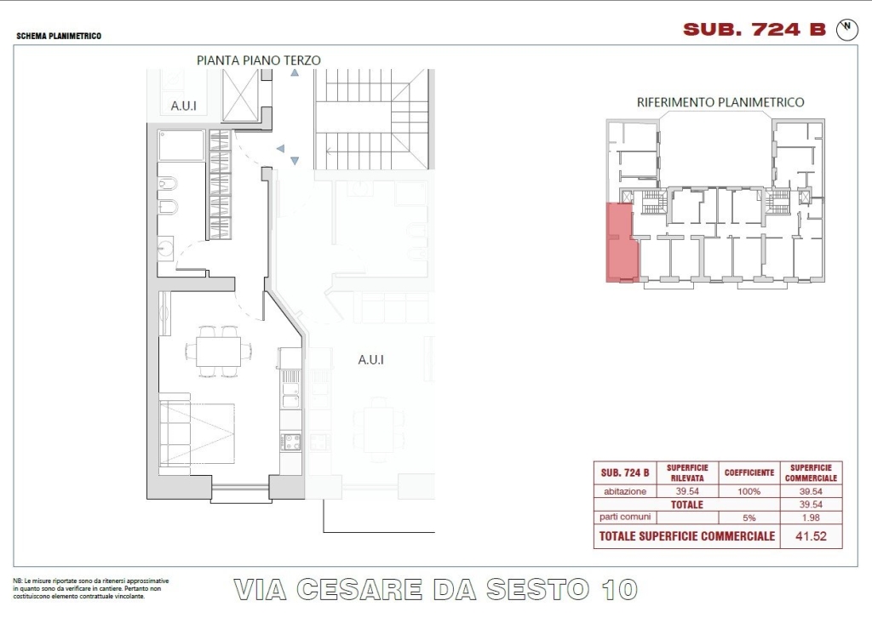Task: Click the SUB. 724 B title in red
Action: pyautogui.click(x=754, y=30)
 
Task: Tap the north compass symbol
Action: pyautogui.click(x=847, y=30)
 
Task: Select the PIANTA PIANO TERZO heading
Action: pyautogui.click(x=259, y=60)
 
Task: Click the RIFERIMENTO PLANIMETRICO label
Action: pyautogui.click(x=720, y=102)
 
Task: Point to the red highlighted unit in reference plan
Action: pyautogui.click(x=622, y=243)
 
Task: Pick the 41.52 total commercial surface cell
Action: pyautogui.click(x=811, y=536)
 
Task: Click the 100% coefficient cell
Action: pyautogui.click(x=749, y=491)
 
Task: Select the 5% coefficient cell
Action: pyautogui.click(x=749, y=518)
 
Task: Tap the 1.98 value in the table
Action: pyautogui.click(x=811, y=518)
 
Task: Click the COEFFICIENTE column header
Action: pyautogui.click(x=749, y=473)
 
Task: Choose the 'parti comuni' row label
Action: pyautogui.click(x=625, y=517)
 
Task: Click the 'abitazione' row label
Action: pyautogui.click(x=625, y=491)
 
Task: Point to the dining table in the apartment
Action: pyautogui.click(x=219, y=352)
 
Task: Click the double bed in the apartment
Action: pyautogui.click(x=197, y=434)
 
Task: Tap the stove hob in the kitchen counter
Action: pyautogui.click(x=291, y=442)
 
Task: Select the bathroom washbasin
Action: pyautogui.click(x=164, y=249)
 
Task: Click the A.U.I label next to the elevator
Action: pyautogui.click(x=184, y=106)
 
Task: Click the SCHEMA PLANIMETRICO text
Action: pyautogui.click(x=59, y=36)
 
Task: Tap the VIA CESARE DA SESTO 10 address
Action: pyautogui.click(x=435, y=590)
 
